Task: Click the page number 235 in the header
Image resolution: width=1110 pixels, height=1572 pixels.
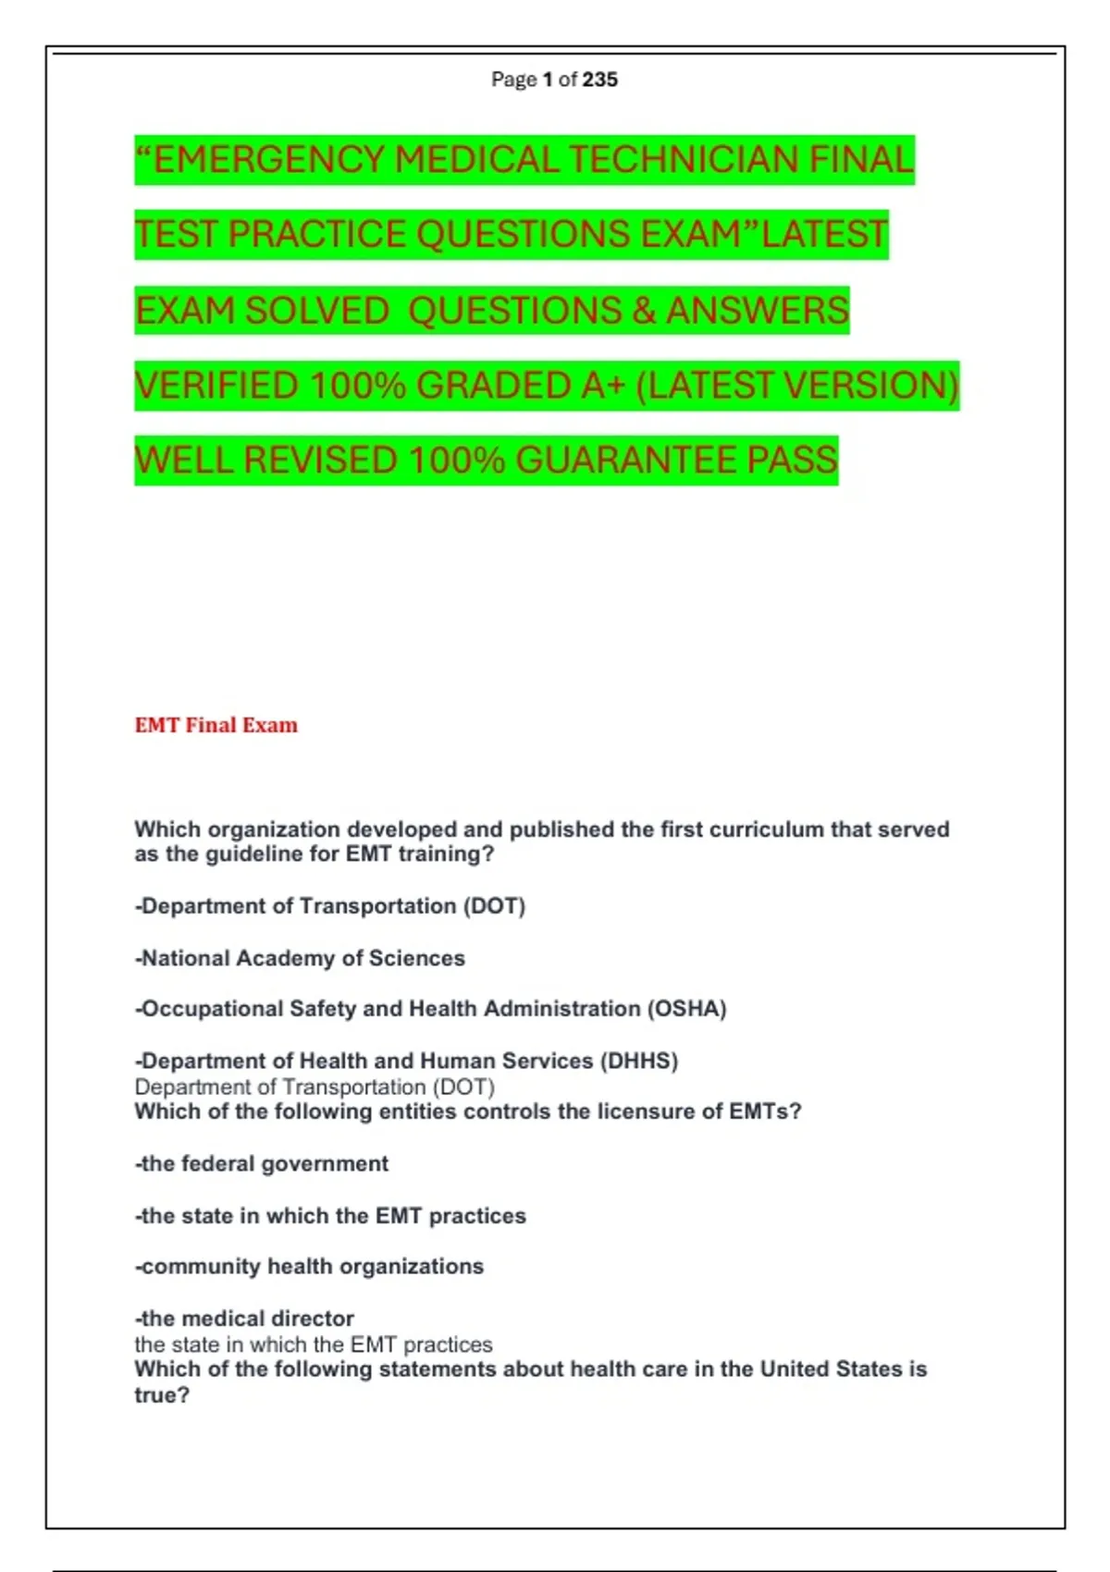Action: [x=600, y=80]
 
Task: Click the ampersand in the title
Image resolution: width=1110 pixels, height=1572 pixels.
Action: [x=644, y=311]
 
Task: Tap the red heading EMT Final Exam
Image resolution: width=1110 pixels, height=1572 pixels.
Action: [x=216, y=725]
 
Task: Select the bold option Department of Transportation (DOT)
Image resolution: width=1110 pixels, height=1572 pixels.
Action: [x=330, y=906]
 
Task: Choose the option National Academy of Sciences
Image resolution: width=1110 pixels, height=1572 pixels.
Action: [x=301, y=958]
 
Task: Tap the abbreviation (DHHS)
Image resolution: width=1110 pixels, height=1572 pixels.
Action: [x=639, y=1061]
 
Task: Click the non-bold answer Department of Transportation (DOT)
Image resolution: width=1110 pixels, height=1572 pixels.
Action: [x=314, y=1087]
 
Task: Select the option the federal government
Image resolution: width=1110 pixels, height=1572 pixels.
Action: [x=262, y=1163]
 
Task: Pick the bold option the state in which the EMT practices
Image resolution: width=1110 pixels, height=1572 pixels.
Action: [x=331, y=1215]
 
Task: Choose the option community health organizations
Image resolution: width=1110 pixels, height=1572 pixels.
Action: [x=310, y=1266]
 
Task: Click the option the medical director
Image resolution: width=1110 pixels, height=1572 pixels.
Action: [x=245, y=1318]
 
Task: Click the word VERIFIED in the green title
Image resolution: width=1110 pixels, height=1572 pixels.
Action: [x=218, y=386]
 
